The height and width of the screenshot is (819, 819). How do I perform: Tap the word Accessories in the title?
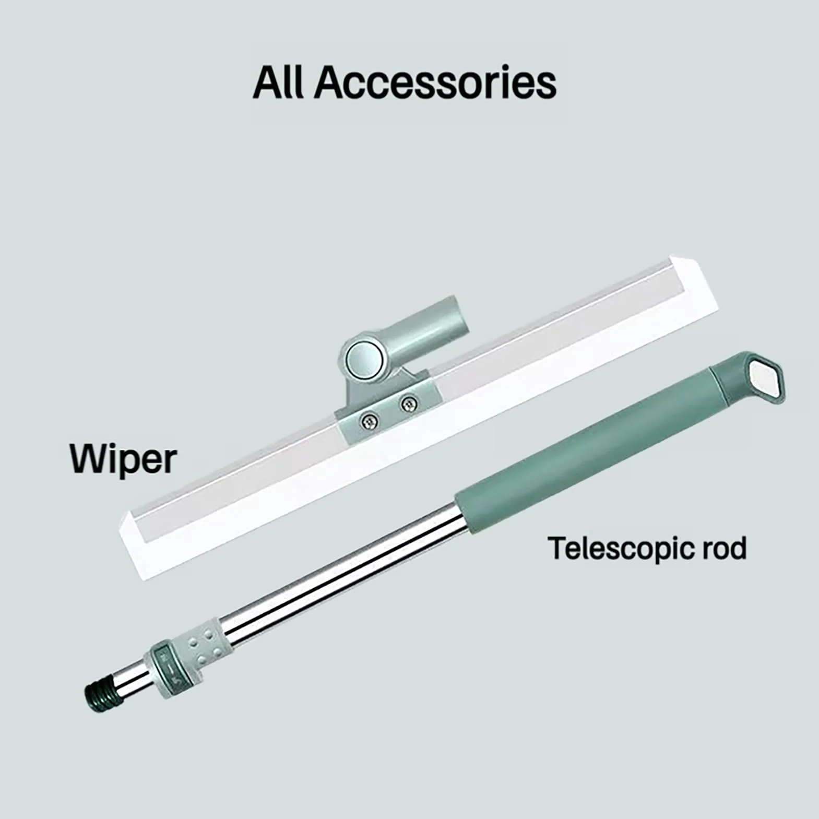435,82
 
